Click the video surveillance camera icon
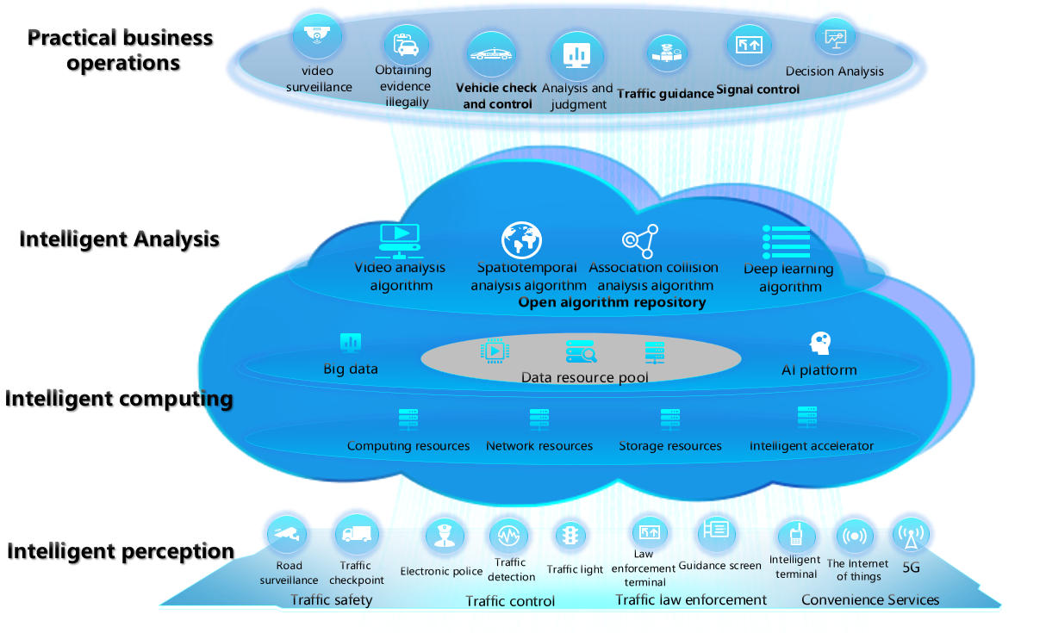coord(317,36)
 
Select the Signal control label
coord(758,90)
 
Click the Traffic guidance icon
coord(665,53)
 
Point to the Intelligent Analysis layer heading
coord(119,239)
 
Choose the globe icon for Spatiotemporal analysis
coord(521,241)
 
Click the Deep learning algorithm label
coord(789,277)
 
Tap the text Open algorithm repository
coord(612,302)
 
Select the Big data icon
coord(351,342)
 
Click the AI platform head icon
coord(819,343)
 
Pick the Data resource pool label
coord(584,378)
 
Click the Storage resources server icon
coord(670,419)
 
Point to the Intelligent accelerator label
coord(811,446)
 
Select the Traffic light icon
coord(570,536)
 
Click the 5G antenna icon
coord(910,536)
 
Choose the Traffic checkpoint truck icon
coord(356,535)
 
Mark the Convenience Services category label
coord(870,599)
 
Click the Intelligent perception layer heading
coord(121,551)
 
